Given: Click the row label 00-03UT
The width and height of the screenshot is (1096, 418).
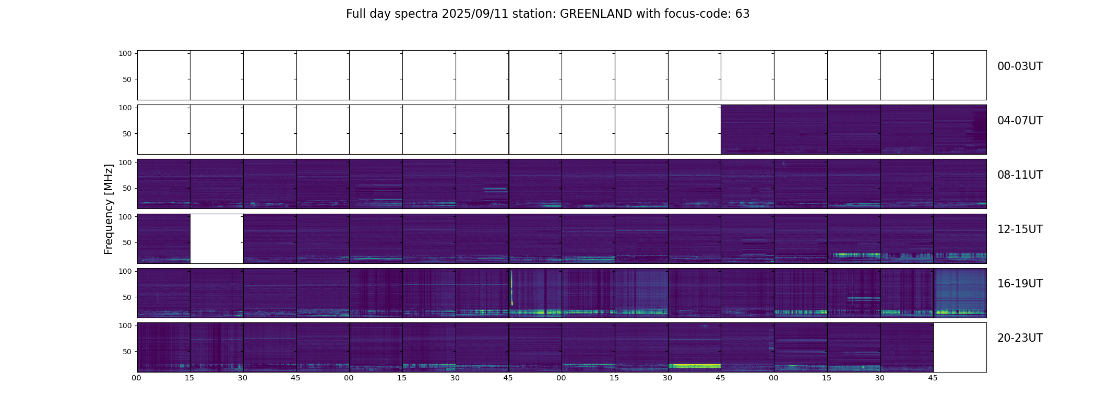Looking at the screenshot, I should click(x=1020, y=66).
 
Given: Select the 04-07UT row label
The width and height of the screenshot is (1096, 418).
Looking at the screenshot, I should click(x=1020, y=121).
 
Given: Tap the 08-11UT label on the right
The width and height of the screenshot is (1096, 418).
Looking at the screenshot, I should click(x=1020, y=175).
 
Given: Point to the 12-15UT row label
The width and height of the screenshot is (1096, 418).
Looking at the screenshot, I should click(x=1020, y=229).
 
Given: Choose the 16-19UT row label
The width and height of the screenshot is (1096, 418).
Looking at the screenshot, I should click(x=1020, y=284).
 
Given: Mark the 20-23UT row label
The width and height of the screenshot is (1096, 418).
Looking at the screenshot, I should click(x=1020, y=338).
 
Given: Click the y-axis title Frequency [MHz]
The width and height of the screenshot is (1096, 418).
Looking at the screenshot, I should click(x=109, y=210).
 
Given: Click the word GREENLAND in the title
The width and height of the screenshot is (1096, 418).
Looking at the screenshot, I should click(x=596, y=14).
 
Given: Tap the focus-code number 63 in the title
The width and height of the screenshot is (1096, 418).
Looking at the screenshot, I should click(x=743, y=14).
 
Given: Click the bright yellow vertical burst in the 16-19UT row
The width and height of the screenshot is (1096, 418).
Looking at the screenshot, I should click(x=511, y=287).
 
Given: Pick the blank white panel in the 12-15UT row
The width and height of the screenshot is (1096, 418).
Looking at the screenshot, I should click(x=217, y=238).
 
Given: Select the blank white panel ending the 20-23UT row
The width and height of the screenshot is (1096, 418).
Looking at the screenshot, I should click(x=959, y=347).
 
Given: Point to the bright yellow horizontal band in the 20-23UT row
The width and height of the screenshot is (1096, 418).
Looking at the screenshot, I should click(x=694, y=365).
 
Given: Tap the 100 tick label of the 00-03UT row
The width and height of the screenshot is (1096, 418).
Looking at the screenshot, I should click(x=125, y=53).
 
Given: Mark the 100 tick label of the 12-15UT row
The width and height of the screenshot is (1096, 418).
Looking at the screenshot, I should click(x=125, y=216).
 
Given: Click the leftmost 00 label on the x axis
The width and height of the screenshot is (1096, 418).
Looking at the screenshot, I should click(x=137, y=378).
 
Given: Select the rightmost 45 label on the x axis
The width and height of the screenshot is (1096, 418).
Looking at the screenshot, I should click(x=933, y=378).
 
